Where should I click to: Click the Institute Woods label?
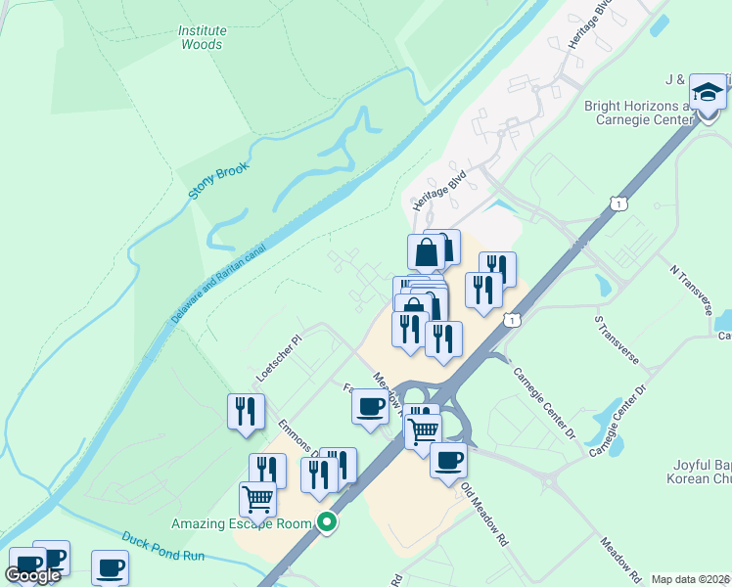(201, 37)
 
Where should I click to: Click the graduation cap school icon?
(708, 94)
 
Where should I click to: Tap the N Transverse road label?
(691, 287)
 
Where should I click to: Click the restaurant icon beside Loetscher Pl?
(246, 411)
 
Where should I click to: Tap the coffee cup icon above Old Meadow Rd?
(448, 460)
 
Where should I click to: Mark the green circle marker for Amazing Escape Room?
(330, 523)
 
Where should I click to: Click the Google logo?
(32, 574)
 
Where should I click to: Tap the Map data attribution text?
(690, 579)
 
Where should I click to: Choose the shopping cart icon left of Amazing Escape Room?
(257, 499)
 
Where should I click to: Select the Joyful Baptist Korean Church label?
(690, 474)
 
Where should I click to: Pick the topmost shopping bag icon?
(428, 251)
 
